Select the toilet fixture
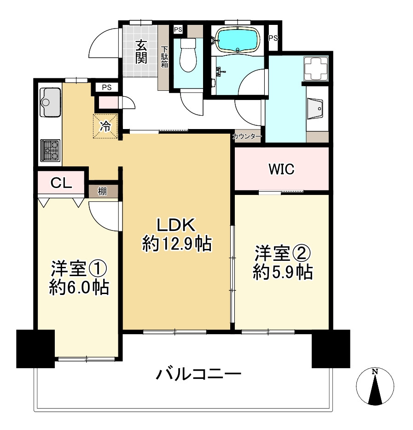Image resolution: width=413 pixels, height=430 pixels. point(188,55)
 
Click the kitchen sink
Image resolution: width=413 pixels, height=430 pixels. point(50,102)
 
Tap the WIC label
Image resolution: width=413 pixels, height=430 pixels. point(281,169)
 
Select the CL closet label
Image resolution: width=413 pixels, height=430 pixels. point(61,183)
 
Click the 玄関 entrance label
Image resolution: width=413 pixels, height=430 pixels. point(141,52)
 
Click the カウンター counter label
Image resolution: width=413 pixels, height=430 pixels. point(247,136)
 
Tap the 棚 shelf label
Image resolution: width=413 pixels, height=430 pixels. point(102,191)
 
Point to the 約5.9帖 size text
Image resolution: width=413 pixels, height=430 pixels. point(283,272)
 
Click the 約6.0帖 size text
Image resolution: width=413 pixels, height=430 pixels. point(79,287)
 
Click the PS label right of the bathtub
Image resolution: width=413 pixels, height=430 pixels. point(273,38)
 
